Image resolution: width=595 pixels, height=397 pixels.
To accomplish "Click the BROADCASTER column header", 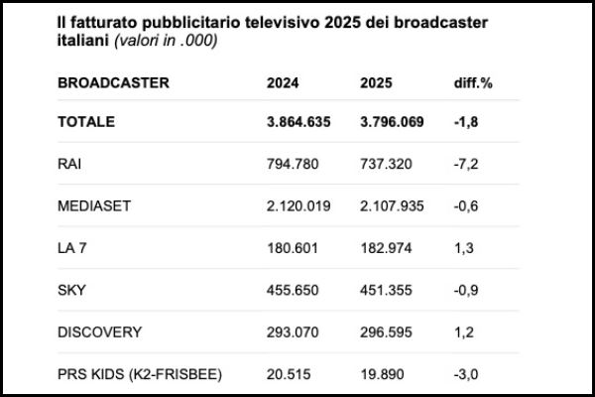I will tap(113, 81).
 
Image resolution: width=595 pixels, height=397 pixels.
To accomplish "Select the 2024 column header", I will tap(283, 81).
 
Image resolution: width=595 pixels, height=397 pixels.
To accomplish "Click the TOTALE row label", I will tap(86, 122).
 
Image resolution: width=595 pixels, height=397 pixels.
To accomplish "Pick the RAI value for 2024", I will tap(293, 164).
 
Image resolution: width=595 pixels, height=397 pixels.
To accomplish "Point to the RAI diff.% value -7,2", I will tap(464, 164).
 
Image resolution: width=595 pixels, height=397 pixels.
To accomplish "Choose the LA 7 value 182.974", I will tap(386, 247).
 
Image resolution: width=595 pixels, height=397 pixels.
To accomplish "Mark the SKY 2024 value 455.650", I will tap(293, 289).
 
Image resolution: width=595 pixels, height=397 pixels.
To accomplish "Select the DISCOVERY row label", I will tap(99, 331).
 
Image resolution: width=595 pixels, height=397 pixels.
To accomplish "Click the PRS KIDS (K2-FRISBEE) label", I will tap(140, 373).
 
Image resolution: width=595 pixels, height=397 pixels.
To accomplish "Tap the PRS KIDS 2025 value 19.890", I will tap(383, 373).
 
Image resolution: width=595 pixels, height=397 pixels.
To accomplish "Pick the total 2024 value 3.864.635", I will tap(299, 122).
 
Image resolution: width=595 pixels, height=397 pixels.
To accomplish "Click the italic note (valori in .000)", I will tap(165, 41).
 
